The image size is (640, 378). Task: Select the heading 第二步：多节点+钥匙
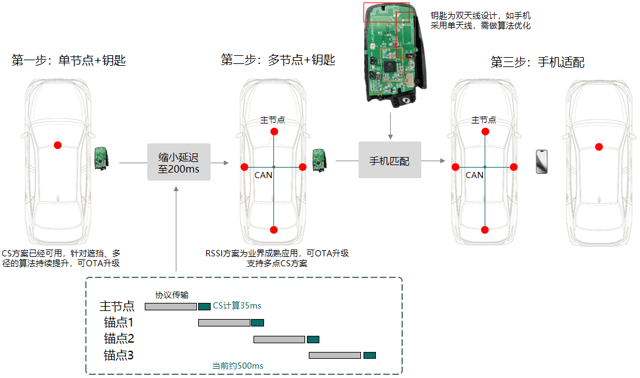278,60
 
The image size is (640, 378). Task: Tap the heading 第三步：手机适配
537,62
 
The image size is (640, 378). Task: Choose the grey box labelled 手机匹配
390,161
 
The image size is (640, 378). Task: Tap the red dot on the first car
58,145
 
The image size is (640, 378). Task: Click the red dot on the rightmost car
599,147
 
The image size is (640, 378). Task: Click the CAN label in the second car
263,175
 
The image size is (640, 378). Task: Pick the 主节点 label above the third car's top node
483,120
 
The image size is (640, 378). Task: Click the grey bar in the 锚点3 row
335,355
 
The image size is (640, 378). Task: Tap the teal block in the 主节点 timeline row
204,306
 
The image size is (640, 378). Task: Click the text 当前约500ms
237,366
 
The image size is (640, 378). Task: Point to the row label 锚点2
119,339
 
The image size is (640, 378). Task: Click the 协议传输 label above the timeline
172,295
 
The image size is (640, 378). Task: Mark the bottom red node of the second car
274,230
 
